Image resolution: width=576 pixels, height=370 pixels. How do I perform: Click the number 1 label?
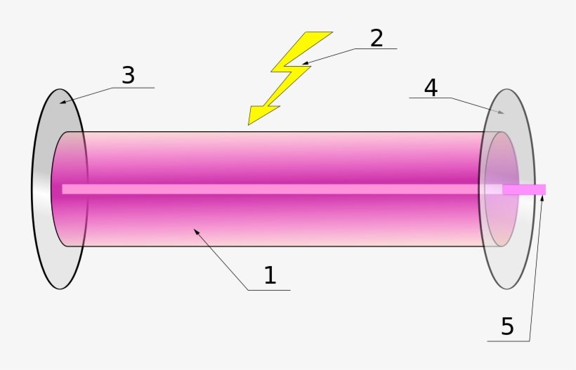click(x=270, y=275)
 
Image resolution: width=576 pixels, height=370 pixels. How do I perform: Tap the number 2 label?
click(x=377, y=38)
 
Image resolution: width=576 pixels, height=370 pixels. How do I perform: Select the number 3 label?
click(x=128, y=76)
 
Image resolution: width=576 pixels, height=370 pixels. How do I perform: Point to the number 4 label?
click(x=431, y=88)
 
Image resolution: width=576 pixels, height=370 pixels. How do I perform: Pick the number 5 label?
click(x=507, y=326)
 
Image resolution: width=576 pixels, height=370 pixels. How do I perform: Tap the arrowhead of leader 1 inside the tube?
click(x=196, y=230)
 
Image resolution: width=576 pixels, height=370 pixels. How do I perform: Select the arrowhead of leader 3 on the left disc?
click(x=62, y=103)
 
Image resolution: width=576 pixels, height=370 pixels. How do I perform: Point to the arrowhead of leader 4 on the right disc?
click(x=502, y=112)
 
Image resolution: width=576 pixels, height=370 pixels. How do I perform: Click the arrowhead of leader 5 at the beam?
click(x=542, y=198)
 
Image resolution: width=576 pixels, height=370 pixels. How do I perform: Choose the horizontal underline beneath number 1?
click(x=268, y=290)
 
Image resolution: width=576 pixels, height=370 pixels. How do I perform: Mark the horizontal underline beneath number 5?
click(x=509, y=342)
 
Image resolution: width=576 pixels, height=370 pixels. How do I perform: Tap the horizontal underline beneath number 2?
click(x=375, y=49)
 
